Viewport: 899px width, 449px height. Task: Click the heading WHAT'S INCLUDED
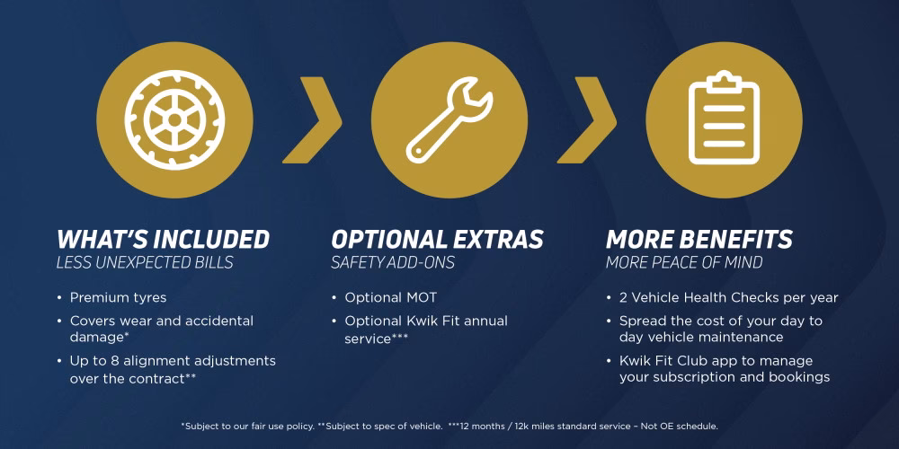[x=163, y=240]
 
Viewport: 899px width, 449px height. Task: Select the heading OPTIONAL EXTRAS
[x=437, y=240]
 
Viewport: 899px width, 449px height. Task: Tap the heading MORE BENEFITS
[x=699, y=240]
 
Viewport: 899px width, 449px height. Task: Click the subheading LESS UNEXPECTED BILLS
[x=145, y=263]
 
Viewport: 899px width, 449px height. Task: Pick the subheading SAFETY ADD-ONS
[x=393, y=263]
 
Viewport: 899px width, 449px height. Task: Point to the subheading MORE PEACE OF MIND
[x=683, y=263]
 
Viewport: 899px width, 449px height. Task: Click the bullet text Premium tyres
[x=118, y=297]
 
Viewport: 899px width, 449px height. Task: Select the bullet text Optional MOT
[x=390, y=297]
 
